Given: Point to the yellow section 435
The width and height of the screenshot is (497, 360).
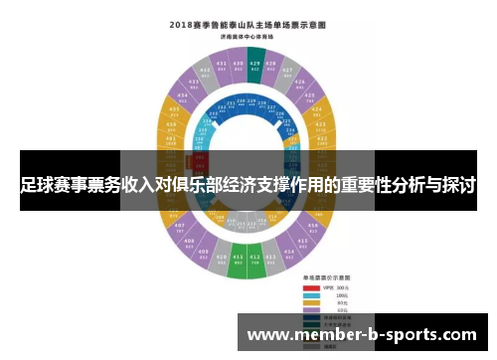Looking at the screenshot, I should coord(177,110).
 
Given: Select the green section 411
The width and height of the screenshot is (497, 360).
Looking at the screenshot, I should coord(238,261).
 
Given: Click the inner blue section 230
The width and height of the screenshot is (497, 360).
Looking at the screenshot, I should coord(246,101).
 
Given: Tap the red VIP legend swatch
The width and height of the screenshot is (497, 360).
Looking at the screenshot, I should coord(310,289).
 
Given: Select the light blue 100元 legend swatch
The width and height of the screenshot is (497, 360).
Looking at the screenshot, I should coord(310,296).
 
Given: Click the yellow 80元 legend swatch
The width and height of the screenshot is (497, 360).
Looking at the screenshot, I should coord(310,303).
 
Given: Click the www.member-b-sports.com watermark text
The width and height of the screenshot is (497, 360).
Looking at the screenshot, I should coord(362,336).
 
